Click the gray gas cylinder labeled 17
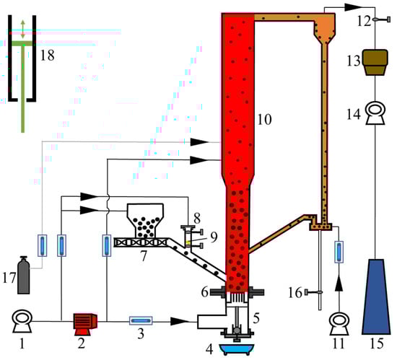point(24,276)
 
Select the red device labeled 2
point(85,324)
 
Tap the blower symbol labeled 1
point(22,321)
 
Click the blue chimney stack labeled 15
point(376,297)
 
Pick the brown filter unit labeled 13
point(375,63)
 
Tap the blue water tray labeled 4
point(237,349)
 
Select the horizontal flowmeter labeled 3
point(141,321)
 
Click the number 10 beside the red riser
point(264,120)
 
